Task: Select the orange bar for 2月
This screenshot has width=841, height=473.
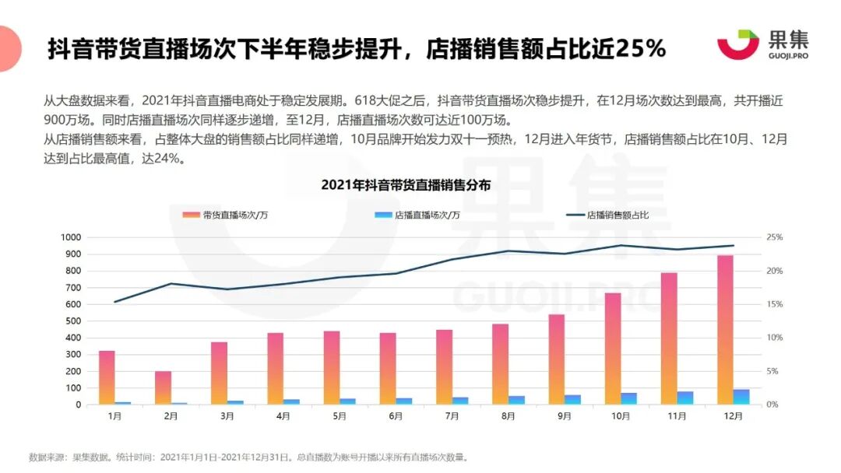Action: pos(163,387)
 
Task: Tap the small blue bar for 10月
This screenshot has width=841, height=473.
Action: pos(628,398)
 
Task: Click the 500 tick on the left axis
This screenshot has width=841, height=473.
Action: pos(73,321)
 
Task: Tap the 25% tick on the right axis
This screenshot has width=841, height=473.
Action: pos(774,237)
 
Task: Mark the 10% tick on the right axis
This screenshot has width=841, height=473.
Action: pos(774,338)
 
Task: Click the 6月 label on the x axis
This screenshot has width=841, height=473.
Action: pos(396,416)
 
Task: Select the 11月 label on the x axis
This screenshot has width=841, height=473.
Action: pos(677,416)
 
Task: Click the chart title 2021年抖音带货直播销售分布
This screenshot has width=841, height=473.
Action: pos(406,185)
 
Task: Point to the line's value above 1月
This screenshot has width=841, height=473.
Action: pos(115,302)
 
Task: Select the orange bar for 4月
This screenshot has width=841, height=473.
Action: pos(275,369)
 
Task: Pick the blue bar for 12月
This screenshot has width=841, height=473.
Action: pos(741,397)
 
